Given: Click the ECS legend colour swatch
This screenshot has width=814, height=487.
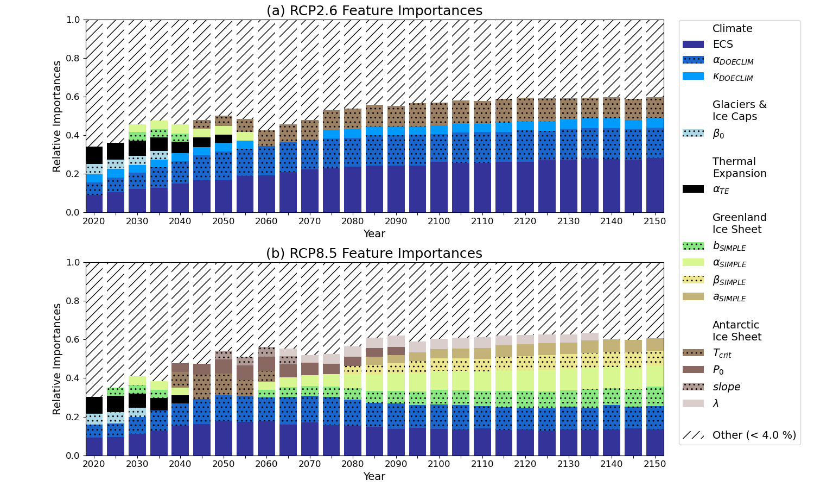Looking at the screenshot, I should pyautogui.click(x=693, y=45).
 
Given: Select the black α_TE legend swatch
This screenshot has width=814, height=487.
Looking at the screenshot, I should pyautogui.click(x=693, y=189).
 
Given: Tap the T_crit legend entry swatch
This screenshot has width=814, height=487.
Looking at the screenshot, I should pyautogui.click(x=693, y=353).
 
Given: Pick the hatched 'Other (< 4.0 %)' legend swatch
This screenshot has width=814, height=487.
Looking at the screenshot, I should pyautogui.click(x=693, y=435).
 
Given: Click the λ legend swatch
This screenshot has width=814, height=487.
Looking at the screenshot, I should pyautogui.click(x=693, y=403).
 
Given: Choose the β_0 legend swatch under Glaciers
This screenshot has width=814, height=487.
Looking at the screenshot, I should pyautogui.click(x=693, y=133).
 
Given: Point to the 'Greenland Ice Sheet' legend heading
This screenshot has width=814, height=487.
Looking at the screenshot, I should pyautogui.click(x=739, y=223).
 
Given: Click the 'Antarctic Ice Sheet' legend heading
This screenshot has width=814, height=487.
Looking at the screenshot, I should pyautogui.click(x=736, y=331).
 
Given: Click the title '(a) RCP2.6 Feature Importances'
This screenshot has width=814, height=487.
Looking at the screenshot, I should pyautogui.click(x=374, y=11).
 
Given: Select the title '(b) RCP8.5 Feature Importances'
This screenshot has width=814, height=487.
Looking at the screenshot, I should pyautogui.click(x=374, y=254).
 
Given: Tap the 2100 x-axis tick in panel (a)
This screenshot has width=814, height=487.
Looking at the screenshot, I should pyautogui.click(x=439, y=222).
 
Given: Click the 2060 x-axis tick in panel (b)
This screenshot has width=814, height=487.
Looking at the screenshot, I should pyautogui.click(x=266, y=464).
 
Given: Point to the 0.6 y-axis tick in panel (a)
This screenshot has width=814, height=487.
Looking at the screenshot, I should pyautogui.click(x=73, y=97).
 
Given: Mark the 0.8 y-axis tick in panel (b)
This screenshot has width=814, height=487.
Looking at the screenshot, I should pyautogui.click(x=73, y=301).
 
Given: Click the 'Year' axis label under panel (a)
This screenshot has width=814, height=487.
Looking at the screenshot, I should pyautogui.click(x=374, y=234).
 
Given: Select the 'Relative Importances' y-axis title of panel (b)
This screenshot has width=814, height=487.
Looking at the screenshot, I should pyautogui.click(x=57, y=359).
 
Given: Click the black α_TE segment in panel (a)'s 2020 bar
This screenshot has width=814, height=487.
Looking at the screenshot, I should pyautogui.click(x=94, y=155).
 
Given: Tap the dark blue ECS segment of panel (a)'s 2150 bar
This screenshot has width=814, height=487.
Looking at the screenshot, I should pyautogui.click(x=654, y=185).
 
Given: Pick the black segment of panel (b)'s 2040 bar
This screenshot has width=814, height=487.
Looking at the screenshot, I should pyautogui.click(x=180, y=399).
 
